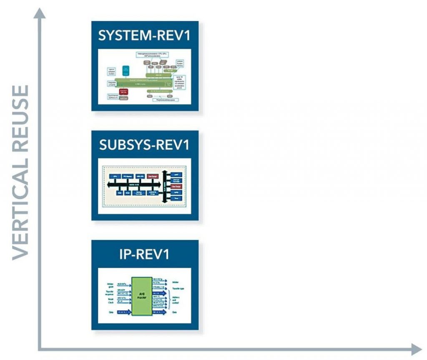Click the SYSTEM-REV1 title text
coord(144,35)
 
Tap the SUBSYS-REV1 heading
coord(144,145)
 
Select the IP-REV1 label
coord(144,254)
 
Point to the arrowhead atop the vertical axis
coord(40,14)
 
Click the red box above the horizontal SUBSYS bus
coord(153,176)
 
